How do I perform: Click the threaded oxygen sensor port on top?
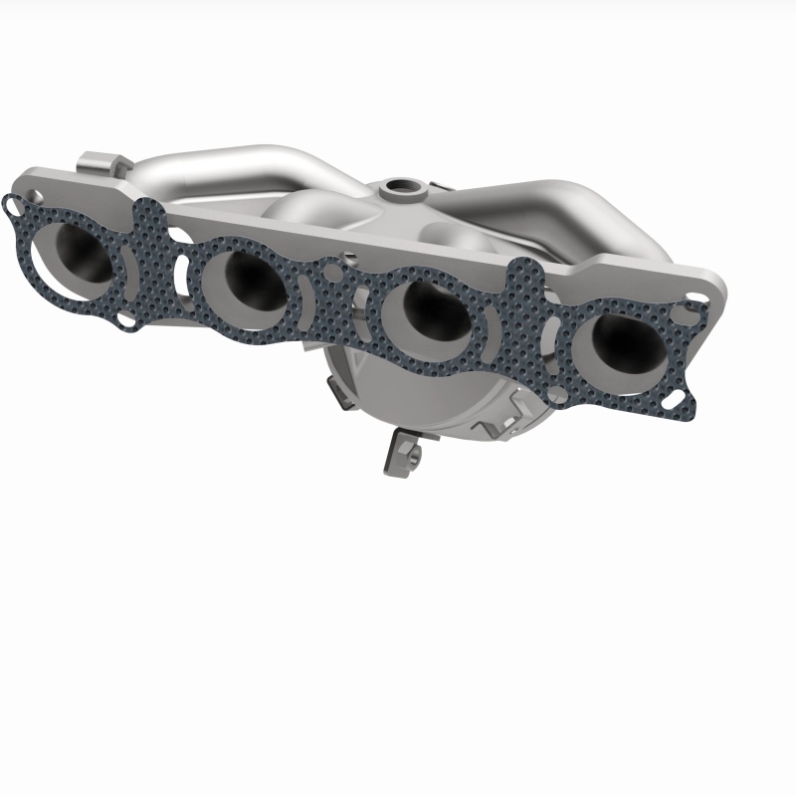[402, 186]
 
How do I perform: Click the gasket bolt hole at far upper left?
[12, 204]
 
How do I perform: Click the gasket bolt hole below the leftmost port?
[124, 321]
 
